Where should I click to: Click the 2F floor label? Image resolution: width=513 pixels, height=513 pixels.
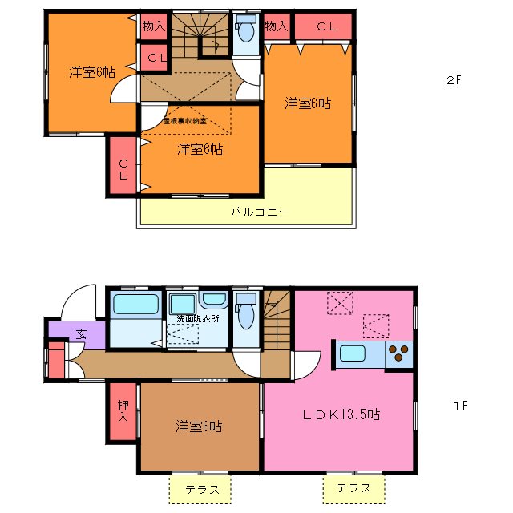click(455, 80)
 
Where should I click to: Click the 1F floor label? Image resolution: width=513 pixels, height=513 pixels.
click(459, 405)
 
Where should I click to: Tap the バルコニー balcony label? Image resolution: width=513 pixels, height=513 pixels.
click(260, 212)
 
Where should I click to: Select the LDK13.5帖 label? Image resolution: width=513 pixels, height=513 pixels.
click(341, 415)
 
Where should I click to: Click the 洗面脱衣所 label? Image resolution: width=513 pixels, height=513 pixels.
click(200, 319)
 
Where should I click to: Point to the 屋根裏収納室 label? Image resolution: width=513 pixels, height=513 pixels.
click(184, 121)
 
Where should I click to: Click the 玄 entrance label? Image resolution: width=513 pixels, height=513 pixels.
click(81, 334)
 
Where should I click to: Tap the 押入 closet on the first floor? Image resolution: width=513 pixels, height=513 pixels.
click(123, 411)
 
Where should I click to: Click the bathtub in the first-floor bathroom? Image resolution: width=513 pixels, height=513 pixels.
click(135, 305)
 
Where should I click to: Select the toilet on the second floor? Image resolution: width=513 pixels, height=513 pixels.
click(246, 33)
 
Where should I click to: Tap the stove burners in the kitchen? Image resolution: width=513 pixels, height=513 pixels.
click(398, 353)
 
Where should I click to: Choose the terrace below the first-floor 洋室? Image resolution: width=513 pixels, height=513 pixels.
click(199, 488)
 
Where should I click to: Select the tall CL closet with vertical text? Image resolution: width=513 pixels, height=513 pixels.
click(123, 167)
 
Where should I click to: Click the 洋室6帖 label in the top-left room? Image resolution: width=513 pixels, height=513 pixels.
click(91, 72)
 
